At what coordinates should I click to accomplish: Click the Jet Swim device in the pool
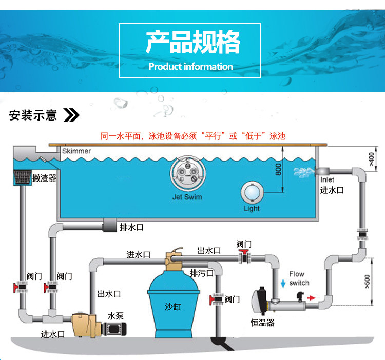pyautogui.click(x=186, y=174)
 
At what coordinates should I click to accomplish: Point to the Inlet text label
pyautogui.click(x=328, y=180)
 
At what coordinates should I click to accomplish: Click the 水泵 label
pyautogui.click(x=115, y=315)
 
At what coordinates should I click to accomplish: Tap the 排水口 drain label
pyautogui.click(x=132, y=227)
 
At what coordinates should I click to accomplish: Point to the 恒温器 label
pyautogui.click(x=262, y=323)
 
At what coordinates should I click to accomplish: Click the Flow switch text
pyautogui.click(x=299, y=278)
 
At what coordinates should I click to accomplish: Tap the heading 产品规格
pyautogui.click(x=192, y=42)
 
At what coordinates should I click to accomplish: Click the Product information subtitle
pyautogui.click(x=190, y=66)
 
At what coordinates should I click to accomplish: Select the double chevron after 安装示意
pyautogui.click(x=71, y=114)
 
